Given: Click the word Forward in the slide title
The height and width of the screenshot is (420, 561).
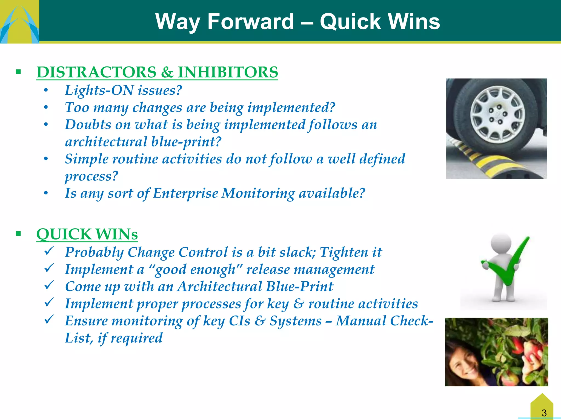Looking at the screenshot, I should (250, 22).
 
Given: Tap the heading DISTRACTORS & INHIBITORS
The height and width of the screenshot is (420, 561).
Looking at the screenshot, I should (157, 72).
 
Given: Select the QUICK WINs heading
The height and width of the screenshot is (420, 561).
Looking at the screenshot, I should (87, 234).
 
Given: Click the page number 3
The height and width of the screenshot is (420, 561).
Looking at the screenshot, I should (544, 413).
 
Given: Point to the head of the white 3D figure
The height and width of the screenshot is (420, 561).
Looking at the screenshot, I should (501, 243).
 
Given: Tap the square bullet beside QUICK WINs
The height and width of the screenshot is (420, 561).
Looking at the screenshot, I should (18, 234).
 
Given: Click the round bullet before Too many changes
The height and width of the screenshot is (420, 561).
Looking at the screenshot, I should (46, 107).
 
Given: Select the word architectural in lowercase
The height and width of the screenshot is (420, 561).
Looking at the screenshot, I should (106, 142).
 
